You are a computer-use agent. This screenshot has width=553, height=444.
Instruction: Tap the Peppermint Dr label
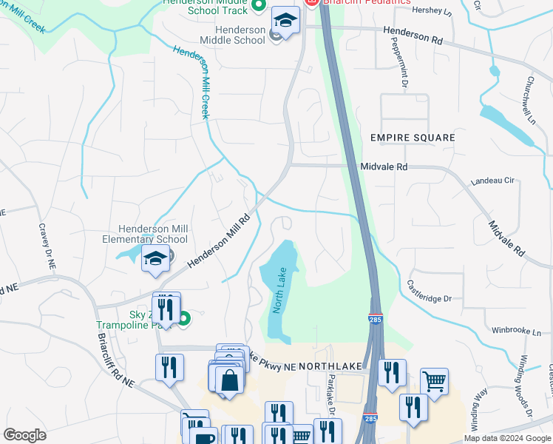pos(405,71)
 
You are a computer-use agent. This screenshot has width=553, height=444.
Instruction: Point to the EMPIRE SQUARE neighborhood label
pos(413,138)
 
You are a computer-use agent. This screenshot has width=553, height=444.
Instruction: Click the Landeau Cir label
pos(492,180)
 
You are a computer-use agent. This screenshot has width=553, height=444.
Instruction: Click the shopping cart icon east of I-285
pos(434,382)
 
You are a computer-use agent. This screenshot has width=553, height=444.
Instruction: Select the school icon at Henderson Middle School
pos(285,20)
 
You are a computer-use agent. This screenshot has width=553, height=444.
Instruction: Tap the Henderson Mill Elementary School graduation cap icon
pos(155,259)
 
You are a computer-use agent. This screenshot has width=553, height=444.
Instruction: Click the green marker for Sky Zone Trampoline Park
pos(184,319)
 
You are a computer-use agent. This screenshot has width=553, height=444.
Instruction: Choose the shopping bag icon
pos(229,380)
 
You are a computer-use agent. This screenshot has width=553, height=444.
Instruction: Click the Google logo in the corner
pos(24,435)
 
